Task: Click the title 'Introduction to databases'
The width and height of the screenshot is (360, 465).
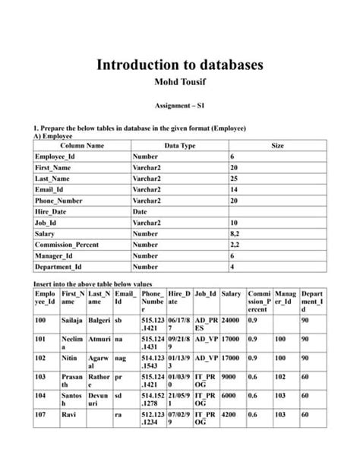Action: [x=180, y=65]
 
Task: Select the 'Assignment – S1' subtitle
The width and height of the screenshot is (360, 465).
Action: [x=180, y=109]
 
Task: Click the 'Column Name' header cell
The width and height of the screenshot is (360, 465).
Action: [x=82, y=144]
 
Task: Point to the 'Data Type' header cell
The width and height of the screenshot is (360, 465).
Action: [x=180, y=144]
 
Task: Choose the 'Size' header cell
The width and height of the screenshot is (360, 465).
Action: [x=277, y=144]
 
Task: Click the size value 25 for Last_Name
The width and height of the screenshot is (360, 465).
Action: [x=234, y=178]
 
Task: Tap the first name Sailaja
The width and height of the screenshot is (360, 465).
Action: [x=73, y=321]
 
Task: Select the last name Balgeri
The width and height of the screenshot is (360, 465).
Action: [x=99, y=321]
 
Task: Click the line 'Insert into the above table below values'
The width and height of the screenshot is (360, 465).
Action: [x=94, y=281]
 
